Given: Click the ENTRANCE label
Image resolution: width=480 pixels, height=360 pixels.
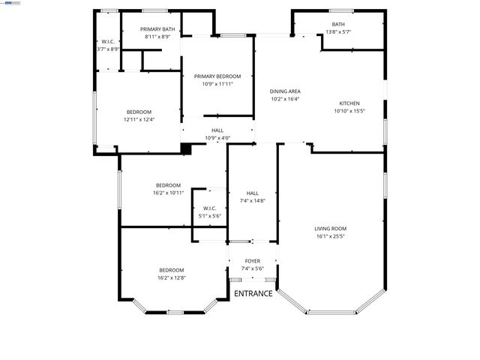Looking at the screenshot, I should pyautogui.click(x=253, y=293).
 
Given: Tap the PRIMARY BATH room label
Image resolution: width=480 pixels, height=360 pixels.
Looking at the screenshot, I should pyautogui.click(x=157, y=28).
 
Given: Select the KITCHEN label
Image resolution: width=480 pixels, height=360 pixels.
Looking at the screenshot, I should pyautogui.click(x=349, y=103).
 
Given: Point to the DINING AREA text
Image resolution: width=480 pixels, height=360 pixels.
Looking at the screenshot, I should pyautogui.click(x=285, y=91).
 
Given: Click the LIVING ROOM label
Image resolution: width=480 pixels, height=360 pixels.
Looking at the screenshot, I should pyautogui.click(x=330, y=229).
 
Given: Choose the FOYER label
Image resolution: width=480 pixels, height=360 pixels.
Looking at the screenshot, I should pyautogui.click(x=253, y=262).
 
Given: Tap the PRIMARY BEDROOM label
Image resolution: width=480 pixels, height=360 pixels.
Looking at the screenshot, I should pyautogui.click(x=217, y=76).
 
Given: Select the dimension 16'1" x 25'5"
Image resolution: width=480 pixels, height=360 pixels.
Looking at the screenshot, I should pyautogui.click(x=330, y=236).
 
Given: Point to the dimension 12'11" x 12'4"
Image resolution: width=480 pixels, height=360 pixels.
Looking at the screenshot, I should pyautogui.click(x=139, y=119).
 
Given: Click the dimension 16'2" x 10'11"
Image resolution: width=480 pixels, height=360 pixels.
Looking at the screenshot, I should pyautogui.click(x=168, y=193).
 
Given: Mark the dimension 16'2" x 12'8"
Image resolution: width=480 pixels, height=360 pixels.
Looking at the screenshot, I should pyautogui.click(x=171, y=277).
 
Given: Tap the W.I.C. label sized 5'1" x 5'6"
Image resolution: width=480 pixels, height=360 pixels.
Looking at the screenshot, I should pyautogui.click(x=209, y=208).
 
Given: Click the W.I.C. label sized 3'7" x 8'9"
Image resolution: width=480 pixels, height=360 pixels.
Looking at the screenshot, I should pyautogui.click(x=108, y=41).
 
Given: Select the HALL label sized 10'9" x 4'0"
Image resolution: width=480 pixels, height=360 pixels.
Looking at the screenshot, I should pyautogui.click(x=217, y=130).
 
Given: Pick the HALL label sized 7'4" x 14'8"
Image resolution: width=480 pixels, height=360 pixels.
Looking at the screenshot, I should pyautogui.click(x=253, y=193).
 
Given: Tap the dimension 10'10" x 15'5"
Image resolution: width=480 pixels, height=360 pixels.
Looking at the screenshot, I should pyautogui.click(x=349, y=111).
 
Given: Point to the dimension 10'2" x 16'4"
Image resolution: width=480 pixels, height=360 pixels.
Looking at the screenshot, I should pyautogui.click(x=285, y=99).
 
